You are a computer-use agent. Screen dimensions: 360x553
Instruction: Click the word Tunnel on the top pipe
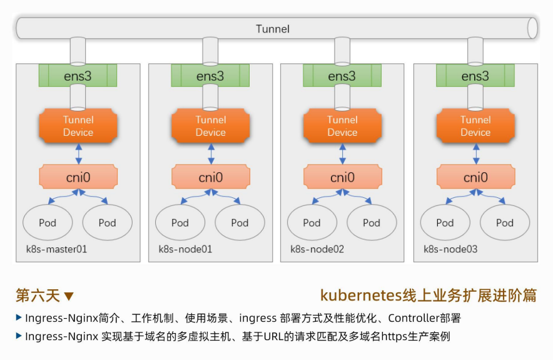point(273,29)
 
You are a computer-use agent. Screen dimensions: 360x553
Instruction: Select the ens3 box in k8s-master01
point(78,76)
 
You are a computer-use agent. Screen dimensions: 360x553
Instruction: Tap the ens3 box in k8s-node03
point(475,76)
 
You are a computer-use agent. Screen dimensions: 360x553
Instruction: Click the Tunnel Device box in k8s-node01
point(210,126)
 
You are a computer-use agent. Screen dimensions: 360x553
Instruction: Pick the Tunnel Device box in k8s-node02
point(342,126)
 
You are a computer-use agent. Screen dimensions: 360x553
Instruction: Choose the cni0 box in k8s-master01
point(78,177)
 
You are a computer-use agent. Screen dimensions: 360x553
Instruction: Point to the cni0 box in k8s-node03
point(475,177)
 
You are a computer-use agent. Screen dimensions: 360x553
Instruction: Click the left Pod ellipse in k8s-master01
point(48,222)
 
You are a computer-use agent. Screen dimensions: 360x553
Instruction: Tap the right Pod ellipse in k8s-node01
point(240,222)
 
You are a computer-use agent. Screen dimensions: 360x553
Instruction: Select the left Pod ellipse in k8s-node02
point(312,222)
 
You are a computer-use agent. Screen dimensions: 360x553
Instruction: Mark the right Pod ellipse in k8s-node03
point(505,222)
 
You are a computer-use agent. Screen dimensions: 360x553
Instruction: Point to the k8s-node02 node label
point(317,249)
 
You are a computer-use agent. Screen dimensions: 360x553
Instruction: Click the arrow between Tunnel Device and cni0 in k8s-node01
point(211,153)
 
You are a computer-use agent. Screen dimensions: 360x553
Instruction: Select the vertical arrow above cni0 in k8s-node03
point(475,153)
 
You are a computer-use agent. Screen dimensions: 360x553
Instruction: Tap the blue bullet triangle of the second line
point(19,336)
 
